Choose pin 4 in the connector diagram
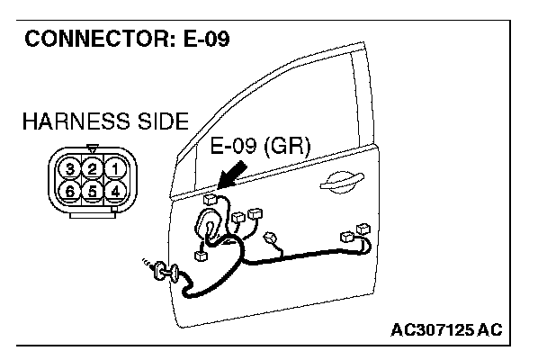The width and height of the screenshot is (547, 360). coord(114,191)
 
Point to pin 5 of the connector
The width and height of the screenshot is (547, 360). coord(92,191)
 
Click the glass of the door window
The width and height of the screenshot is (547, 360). coord(270,117)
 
